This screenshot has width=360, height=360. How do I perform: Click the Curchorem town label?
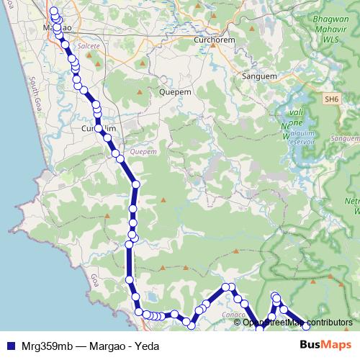pos(215,41)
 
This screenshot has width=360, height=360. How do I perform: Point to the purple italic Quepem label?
pos(144,152)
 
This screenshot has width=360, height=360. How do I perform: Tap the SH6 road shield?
pos(330,99)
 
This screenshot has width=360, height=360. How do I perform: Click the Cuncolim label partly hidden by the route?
pos(94,127)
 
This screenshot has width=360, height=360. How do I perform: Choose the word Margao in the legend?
pos(109,346)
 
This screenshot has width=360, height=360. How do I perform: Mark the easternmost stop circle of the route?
pos(306,326)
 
